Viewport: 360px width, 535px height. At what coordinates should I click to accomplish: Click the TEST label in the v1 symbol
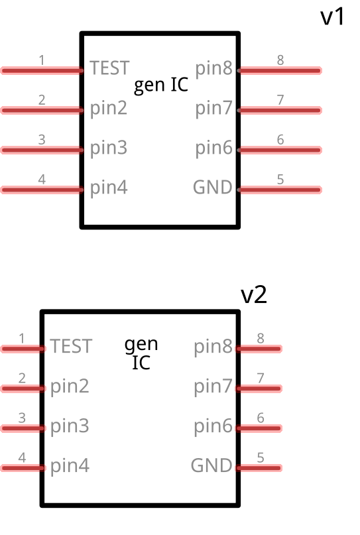(109, 68)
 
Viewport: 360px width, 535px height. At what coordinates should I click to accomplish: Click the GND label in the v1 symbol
(213, 187)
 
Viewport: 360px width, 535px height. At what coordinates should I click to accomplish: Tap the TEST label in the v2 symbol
(71, 346)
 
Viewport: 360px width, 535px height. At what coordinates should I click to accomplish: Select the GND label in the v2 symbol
(211, 465)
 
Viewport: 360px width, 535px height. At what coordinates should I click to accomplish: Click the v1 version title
(333, 17)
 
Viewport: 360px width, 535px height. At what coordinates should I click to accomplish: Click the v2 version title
(253, 295)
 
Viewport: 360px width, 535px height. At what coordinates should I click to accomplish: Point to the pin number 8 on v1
(280, 60)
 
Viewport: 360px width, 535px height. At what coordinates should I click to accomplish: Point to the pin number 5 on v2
(261, 457)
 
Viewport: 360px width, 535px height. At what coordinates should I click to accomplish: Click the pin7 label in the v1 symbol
(213, 108)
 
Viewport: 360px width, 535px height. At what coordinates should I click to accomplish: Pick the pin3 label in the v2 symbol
(70, 426)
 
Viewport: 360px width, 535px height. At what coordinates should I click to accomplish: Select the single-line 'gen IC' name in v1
(161, 86)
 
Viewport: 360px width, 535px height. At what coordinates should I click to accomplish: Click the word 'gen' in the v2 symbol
(141, 344)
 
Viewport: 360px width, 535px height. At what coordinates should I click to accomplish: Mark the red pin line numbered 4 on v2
(22, 468)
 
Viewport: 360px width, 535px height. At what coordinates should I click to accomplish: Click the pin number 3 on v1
(42, 140)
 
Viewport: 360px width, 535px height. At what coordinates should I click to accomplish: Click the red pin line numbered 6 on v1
(280, 150)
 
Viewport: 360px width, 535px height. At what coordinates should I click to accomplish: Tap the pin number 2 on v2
(22, 378)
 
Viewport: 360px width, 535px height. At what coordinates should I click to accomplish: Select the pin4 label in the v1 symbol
(109, 188)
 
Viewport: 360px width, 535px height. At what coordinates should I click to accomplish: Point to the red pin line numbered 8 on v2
(260, 349)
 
